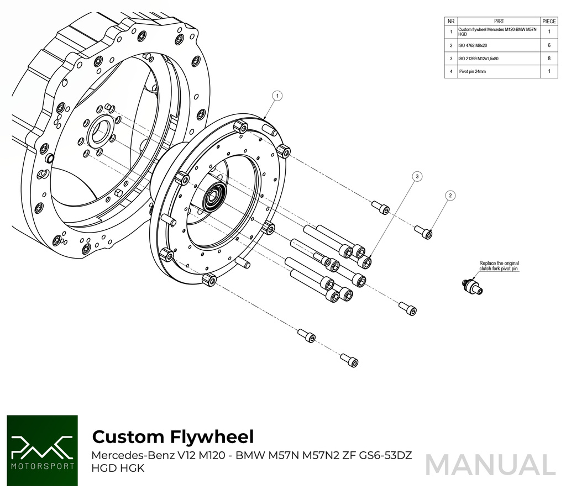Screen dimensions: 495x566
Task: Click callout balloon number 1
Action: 277,96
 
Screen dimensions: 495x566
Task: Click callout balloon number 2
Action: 450,195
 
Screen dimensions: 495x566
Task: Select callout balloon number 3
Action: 418,176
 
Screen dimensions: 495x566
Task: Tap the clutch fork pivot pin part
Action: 471,285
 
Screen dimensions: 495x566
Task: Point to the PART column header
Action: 499,21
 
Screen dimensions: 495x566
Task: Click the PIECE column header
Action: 549,21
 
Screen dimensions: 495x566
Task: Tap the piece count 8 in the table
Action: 549,59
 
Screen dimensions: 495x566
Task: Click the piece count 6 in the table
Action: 549,45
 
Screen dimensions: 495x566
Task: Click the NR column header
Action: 451,21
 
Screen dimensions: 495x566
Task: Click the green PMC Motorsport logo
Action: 42,451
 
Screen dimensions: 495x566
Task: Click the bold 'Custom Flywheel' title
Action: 172,436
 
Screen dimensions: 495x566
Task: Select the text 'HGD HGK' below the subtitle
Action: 118,468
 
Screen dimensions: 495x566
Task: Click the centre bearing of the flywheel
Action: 213,197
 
